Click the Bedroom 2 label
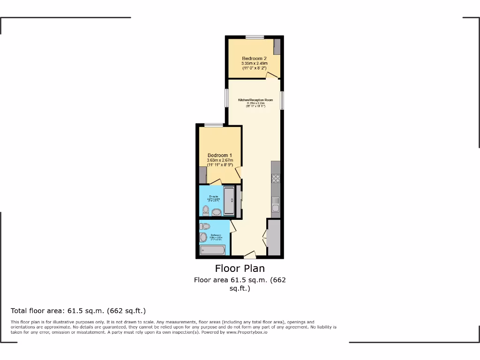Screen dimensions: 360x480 [x=254, y=59]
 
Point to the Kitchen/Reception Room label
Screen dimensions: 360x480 [x=255, y=100]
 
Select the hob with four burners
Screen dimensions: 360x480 [x=276, y=178]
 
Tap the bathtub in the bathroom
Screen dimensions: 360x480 [x=213, y=250]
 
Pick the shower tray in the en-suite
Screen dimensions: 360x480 [x=229, y=201]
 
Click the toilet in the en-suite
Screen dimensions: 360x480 [x=205, y=210]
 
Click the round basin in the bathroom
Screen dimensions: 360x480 [x=203, y=238]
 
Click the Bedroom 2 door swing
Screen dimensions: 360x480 [x=271, y=75]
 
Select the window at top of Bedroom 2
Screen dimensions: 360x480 [x=254, y=37]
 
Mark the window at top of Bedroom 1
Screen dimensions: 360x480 [x=213, y=125]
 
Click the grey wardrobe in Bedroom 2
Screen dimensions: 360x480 [x=277, y=47]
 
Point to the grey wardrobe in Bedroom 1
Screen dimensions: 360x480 [x=202, y=174]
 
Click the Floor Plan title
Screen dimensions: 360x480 [x=240, y=268]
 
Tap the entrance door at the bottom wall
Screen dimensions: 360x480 [x=250, y=255]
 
